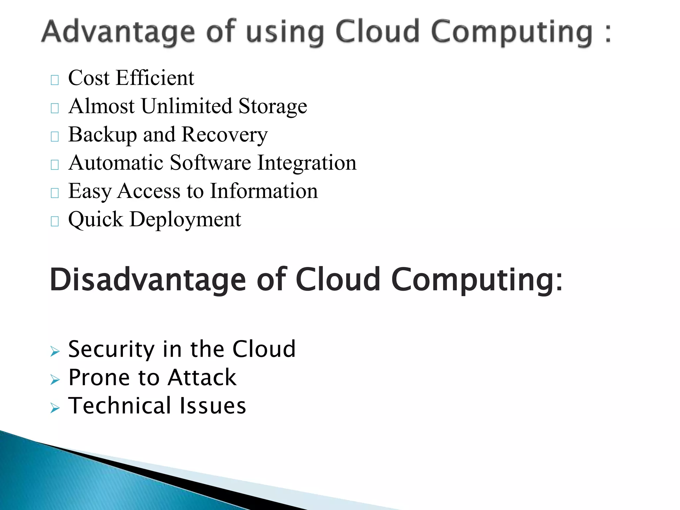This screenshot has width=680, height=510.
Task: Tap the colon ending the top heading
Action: [608, 34]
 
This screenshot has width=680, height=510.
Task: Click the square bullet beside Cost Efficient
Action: [55, 80]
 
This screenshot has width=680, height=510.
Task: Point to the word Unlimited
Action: [187, 106]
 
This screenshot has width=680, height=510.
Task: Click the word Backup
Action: [102, 135]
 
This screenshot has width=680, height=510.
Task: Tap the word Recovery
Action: [225, 135]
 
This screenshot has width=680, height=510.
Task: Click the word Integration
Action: [307, 163]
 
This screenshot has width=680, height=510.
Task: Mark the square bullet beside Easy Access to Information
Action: [55, 193]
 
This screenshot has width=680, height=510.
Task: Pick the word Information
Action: [264, 191]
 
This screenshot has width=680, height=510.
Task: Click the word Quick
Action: [96, 219]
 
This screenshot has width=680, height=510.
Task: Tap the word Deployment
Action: [185, 220]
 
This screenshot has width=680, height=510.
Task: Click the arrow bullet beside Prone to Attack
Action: [55, 380]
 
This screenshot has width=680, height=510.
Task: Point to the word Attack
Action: [202, 378]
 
